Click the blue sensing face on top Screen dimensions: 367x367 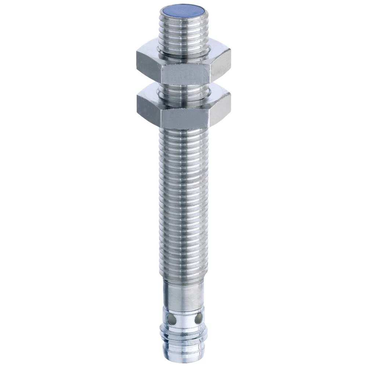click(183, 8)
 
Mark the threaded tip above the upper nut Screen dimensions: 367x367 click(183, 33)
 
